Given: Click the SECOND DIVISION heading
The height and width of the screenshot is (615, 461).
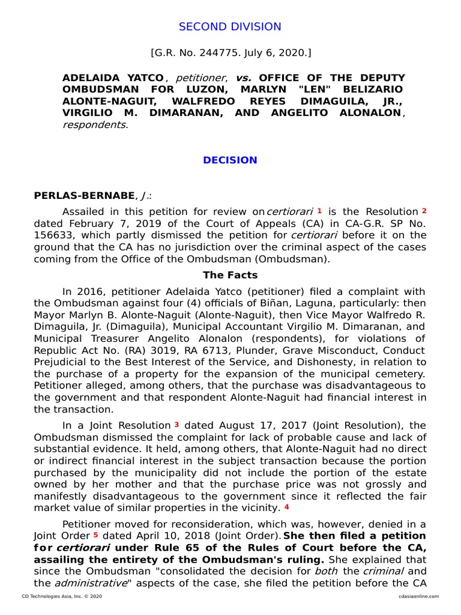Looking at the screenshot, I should pos(230,26).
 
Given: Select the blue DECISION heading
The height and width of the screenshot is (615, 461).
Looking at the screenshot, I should pos(230,160).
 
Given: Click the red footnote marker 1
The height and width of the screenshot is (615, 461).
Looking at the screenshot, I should pos(319,211).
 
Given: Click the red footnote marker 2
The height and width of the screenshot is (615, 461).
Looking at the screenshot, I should pos(424,211).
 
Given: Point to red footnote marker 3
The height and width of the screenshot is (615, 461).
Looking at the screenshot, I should pos(176,424).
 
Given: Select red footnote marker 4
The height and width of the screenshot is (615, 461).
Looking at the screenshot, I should pos(286,507).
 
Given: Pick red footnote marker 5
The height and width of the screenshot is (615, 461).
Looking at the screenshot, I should pos(95,535).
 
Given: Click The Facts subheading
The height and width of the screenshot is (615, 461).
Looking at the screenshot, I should pos(230,275).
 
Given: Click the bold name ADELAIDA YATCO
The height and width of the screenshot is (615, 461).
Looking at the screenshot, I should pos(113,78).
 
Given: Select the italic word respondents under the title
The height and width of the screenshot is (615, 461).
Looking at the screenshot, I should pos(94,125).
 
